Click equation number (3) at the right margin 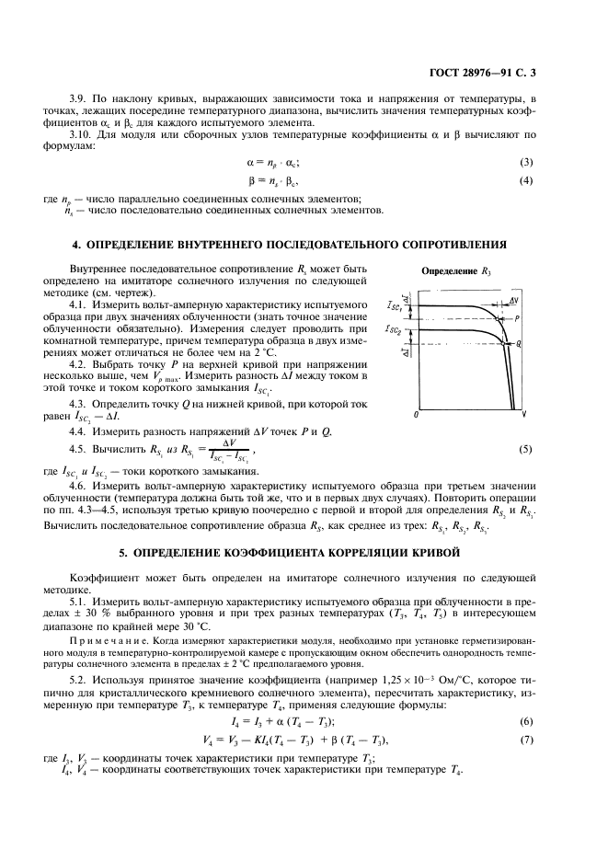526,162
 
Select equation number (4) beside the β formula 526,179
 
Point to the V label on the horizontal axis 523,415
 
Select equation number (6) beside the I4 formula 526,720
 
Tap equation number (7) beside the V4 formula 526,740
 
